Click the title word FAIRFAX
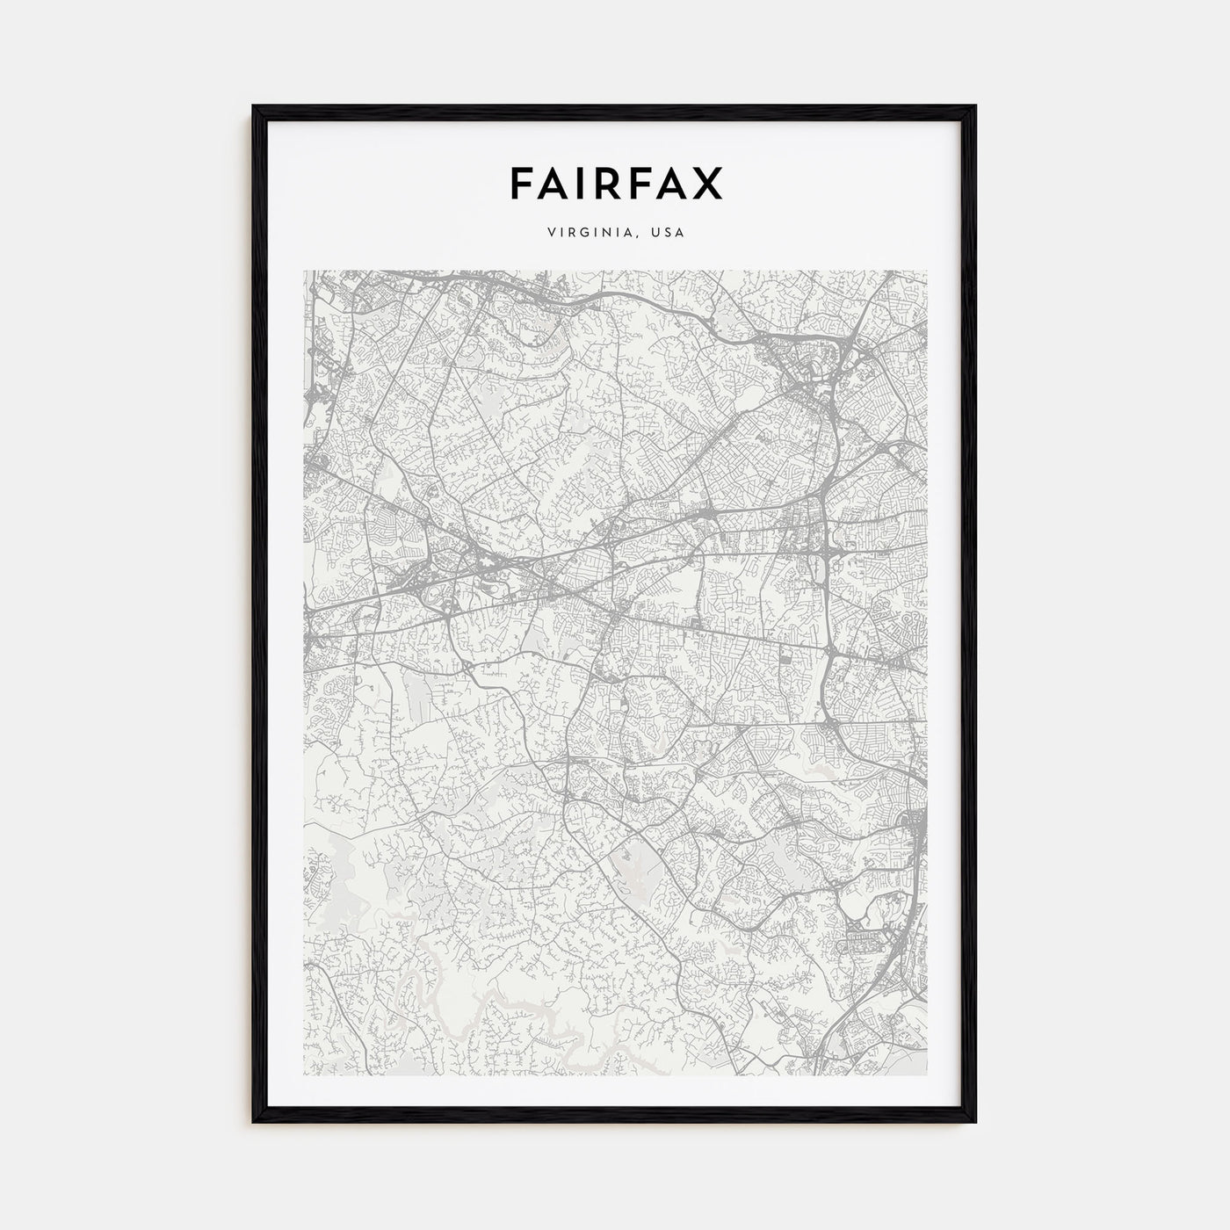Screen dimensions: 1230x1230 (x=615, y=183)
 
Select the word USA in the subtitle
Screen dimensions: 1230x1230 (x=668, y=233)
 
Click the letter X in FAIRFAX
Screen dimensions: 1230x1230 (x=706, y=183)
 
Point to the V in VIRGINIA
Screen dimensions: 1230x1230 (x=550, y=233)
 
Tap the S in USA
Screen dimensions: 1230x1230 (x=668, y=233)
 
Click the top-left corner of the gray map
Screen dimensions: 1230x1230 (x=304, y=271)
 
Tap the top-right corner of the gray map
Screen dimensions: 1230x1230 (x=928, y=271)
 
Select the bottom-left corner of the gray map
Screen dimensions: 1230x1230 (x=304, y=1075)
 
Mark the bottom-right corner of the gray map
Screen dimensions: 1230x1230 (x=928, y=1075)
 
